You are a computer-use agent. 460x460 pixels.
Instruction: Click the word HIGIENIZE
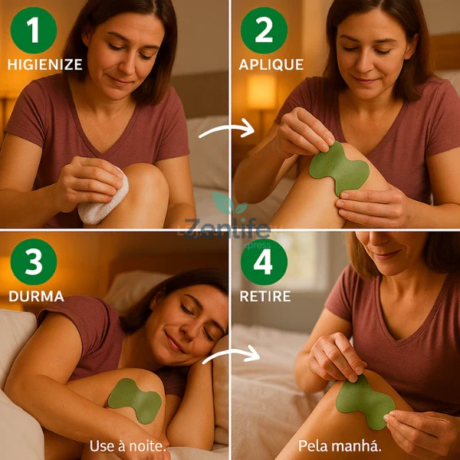(x=44, y=65)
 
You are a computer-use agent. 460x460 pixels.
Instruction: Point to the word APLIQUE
(x=271, y=65)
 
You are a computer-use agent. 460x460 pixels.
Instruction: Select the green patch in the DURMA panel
(x=134, y=398)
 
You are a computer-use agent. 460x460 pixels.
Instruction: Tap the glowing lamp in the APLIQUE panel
(x=261, y=92)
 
